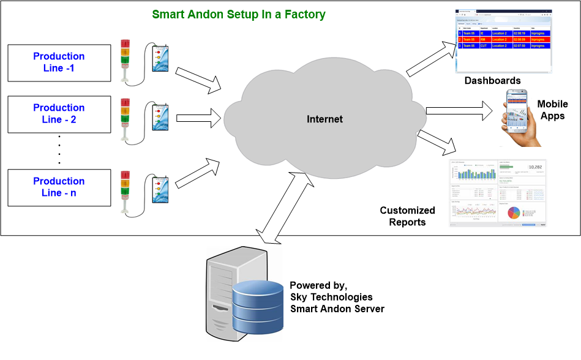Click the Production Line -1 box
click(x=59, y=62)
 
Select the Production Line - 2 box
click(x=59, y=114)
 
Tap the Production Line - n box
click(x=59, y=187)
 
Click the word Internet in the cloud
click(x=324, y=119)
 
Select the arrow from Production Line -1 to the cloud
click(x=198, y=79)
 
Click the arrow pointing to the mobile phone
click(x=459, y=111)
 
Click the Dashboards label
click(x=492, y=81)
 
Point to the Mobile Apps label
click(x=552, y=110)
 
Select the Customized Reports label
click(x=407, y=216)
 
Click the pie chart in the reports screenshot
click(x=514, y=212)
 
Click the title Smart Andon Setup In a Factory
click(x=238, y=14)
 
